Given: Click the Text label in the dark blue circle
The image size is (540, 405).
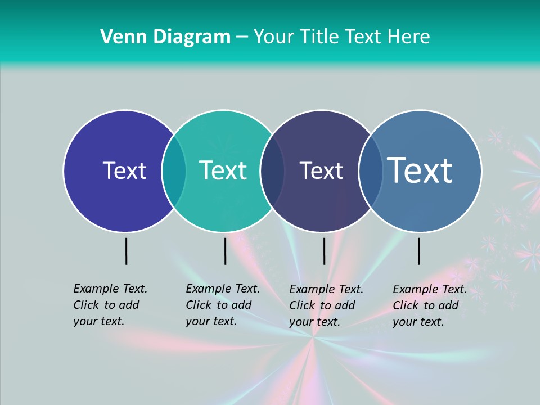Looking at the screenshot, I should (x=124, y=170).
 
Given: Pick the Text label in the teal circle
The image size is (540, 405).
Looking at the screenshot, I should (x=223, y=170).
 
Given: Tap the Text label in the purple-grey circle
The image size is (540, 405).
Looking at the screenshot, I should (x=321, y=170).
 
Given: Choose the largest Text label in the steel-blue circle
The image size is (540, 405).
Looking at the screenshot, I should (x=420, y=170).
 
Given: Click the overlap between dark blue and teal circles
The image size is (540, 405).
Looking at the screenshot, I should (x=174, y=171).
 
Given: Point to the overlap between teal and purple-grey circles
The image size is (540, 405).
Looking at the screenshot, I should (x=272, y=171).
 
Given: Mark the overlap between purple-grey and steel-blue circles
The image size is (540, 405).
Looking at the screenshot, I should (x=370, y=171).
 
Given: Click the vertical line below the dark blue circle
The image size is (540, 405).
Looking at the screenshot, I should (x=127, y=251).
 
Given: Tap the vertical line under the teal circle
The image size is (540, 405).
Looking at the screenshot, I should (x=225, y=251).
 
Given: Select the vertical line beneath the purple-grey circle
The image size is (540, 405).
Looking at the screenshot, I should (x=324, y=251).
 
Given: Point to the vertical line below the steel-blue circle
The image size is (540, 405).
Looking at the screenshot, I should (x=419, y=251).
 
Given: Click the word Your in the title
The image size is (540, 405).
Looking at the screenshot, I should (x=274, y=37).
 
